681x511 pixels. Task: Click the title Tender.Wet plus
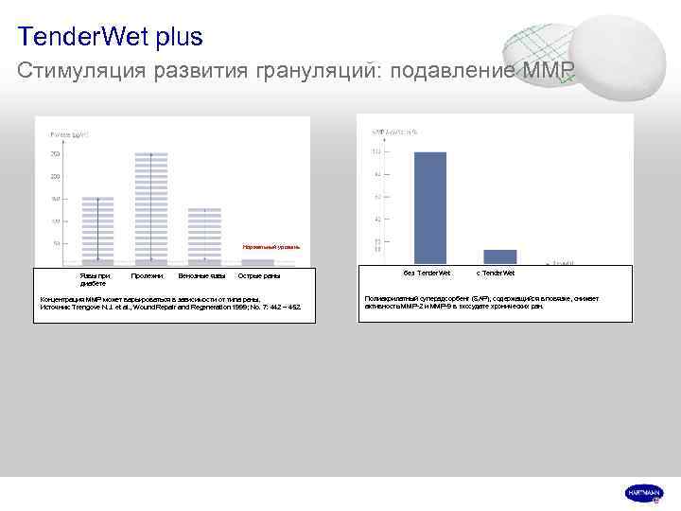click(110, 37)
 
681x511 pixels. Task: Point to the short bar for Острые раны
click(257, 261)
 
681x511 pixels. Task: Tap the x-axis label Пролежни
click(146, 275)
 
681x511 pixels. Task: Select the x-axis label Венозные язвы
click(201, 275)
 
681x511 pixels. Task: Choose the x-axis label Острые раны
click(258, 275)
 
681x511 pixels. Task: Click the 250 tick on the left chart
click(55, 153)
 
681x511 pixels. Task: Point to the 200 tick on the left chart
click(55, 176)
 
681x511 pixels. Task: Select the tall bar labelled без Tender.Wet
click(430, 207)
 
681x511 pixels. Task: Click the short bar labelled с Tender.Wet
click(500, 256)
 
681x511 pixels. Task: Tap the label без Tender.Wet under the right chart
click(427, 273)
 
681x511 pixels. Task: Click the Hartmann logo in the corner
click(644, 493)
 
